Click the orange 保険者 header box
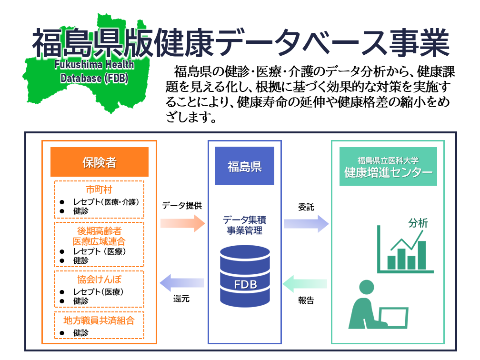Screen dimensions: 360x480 click(x=99, y=162)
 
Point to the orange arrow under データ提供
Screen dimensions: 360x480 click(x=182, y=223)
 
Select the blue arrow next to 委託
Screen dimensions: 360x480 click(x=306, y=223)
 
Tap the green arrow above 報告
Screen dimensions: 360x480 click(x=306, y=284)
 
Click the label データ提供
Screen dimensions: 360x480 click(x=182, y=206)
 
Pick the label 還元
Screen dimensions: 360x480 click(x=182, y=299)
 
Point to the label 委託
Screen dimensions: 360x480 click(x=306, y=207)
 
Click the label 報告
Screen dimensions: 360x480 click(x=306, y=300)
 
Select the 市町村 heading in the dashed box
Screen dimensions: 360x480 click(x=99, y=189)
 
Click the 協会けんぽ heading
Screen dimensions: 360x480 click(x=99, y=278)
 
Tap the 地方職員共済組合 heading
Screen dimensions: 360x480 click(x=99, y=320)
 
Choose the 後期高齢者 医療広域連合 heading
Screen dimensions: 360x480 click(x=99, y=236)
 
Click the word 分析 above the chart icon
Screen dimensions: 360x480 click(x=418, y=223)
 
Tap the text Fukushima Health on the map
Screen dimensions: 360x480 click(x=94, y=65)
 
